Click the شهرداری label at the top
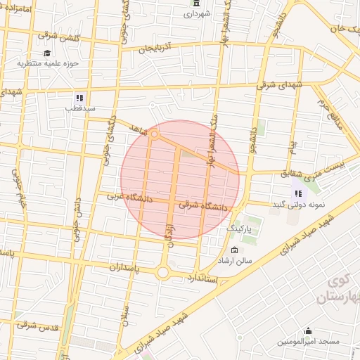[x=195, y=15]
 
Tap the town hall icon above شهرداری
[x=195, y=4]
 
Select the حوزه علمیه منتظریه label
[x=47, y=63]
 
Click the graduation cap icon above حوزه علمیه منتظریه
[x=47, y=53]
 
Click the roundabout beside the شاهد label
[x=154, y=133]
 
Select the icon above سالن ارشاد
[x=234, y=250]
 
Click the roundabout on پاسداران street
[x=164, y=271]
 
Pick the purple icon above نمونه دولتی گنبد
[x=298, y=193]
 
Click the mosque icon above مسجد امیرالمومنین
[x=307, y=331]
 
